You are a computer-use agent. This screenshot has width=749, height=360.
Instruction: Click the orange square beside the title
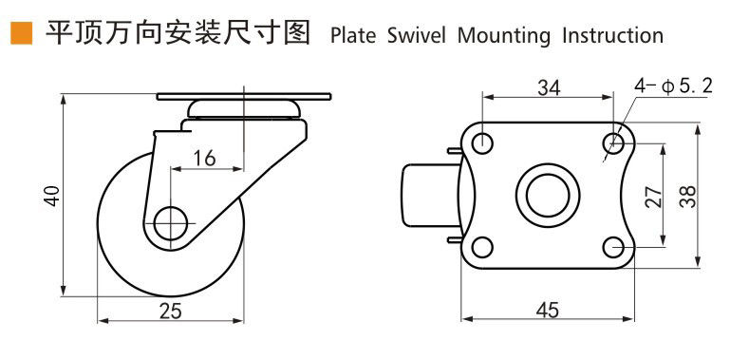point(22,33)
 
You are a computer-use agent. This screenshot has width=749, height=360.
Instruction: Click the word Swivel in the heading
point(416,36)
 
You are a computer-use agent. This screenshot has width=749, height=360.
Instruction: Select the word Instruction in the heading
point(613,36)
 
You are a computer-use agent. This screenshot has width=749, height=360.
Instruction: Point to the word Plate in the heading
point(353,36)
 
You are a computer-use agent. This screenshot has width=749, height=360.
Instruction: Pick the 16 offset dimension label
point(204,158)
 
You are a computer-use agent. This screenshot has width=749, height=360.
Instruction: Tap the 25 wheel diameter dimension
point(171,312)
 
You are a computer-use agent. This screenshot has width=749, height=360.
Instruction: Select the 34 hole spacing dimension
point(549,87)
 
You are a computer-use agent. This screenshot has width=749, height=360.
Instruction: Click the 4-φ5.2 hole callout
point(673,86)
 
